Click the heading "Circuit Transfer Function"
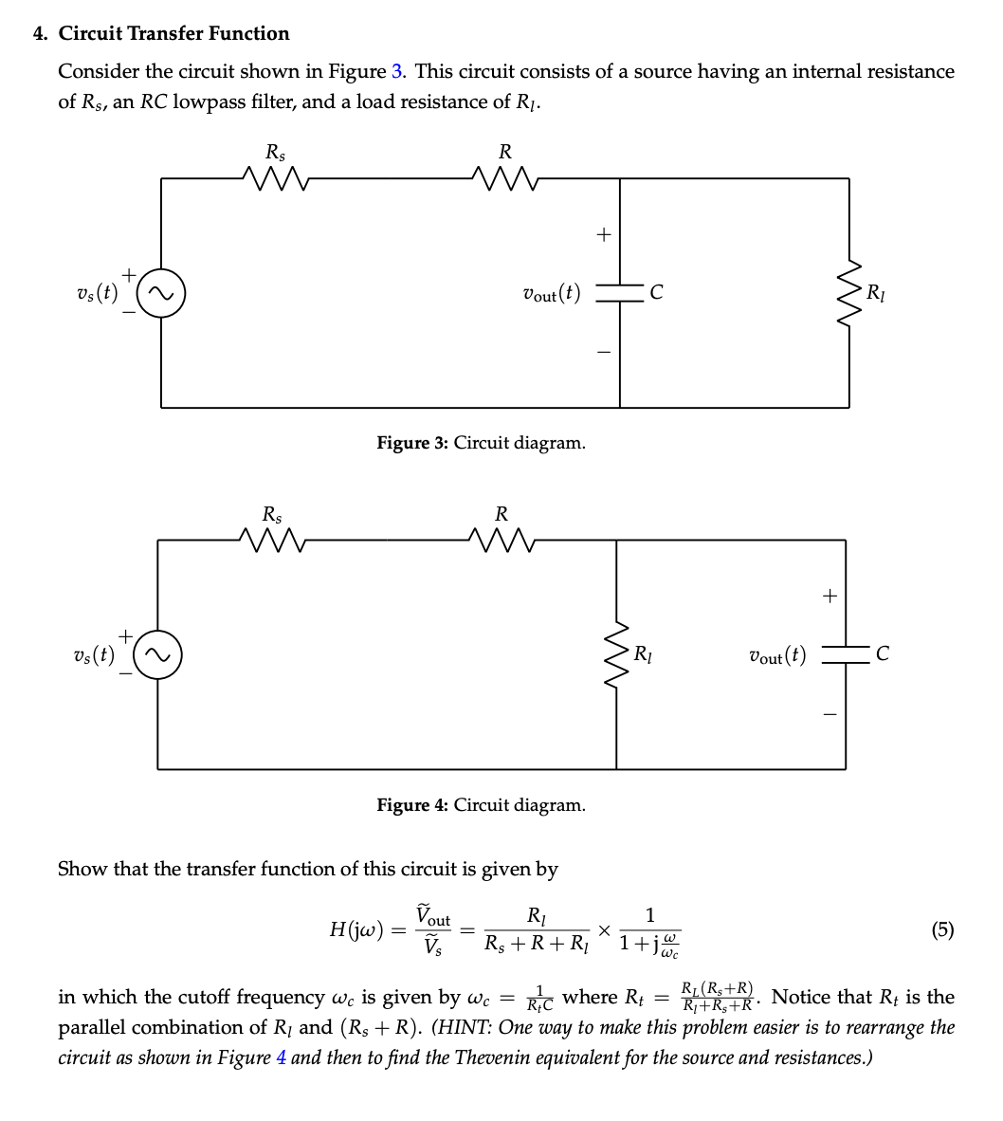click(173, 33)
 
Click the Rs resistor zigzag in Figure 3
click(273, 175)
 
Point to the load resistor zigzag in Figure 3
click(849, 292)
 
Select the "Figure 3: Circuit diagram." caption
click(481, 443)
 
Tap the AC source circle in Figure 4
click(158, 655)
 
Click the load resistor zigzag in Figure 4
click(616, 655)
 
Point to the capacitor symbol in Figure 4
click(845, 654)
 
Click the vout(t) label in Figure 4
click(777, 655)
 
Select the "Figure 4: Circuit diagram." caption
click(481, 805)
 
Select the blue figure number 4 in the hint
click(281, 1057)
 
